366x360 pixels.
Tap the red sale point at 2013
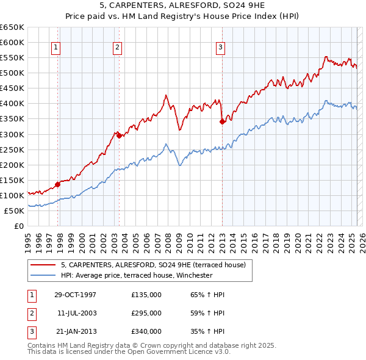coord(222,121)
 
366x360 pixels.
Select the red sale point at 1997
coord(57,184)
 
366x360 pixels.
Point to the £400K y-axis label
coord(12,103)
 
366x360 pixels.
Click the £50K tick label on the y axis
coord(14,211)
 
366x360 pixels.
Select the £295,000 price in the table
coord(146,313)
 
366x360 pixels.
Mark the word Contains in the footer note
coord(43,345)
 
